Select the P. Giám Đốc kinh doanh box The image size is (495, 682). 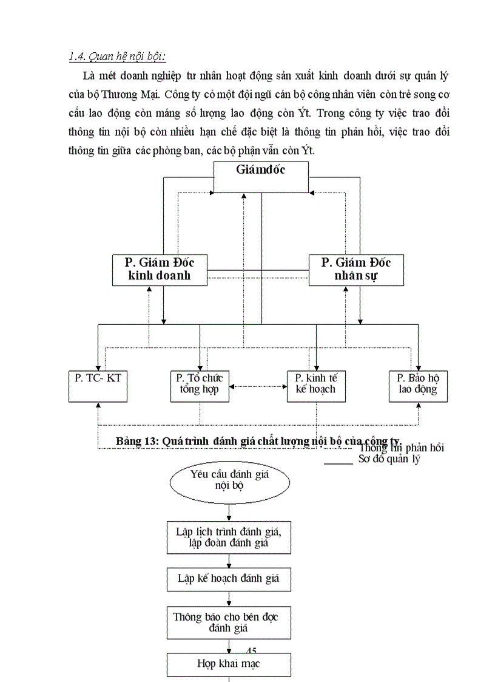coord(160,270)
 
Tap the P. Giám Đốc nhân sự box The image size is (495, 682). coord(356,270)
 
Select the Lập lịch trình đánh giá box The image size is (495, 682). coord(229,537)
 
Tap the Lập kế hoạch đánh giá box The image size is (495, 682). coord(229,579)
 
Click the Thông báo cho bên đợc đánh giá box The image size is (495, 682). coord(229,622)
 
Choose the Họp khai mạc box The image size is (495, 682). coord(229,664)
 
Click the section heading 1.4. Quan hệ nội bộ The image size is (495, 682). coord(117,56)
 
